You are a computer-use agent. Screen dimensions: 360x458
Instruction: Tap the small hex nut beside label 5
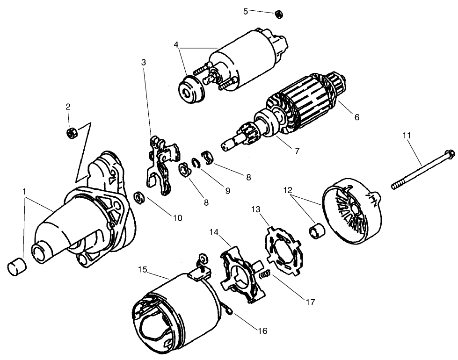277,14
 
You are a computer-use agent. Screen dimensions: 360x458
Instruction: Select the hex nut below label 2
73,132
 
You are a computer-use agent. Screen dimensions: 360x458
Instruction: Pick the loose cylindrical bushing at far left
17,266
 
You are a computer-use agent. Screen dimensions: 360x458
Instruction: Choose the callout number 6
356,117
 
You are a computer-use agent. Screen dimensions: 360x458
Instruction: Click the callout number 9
227,191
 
